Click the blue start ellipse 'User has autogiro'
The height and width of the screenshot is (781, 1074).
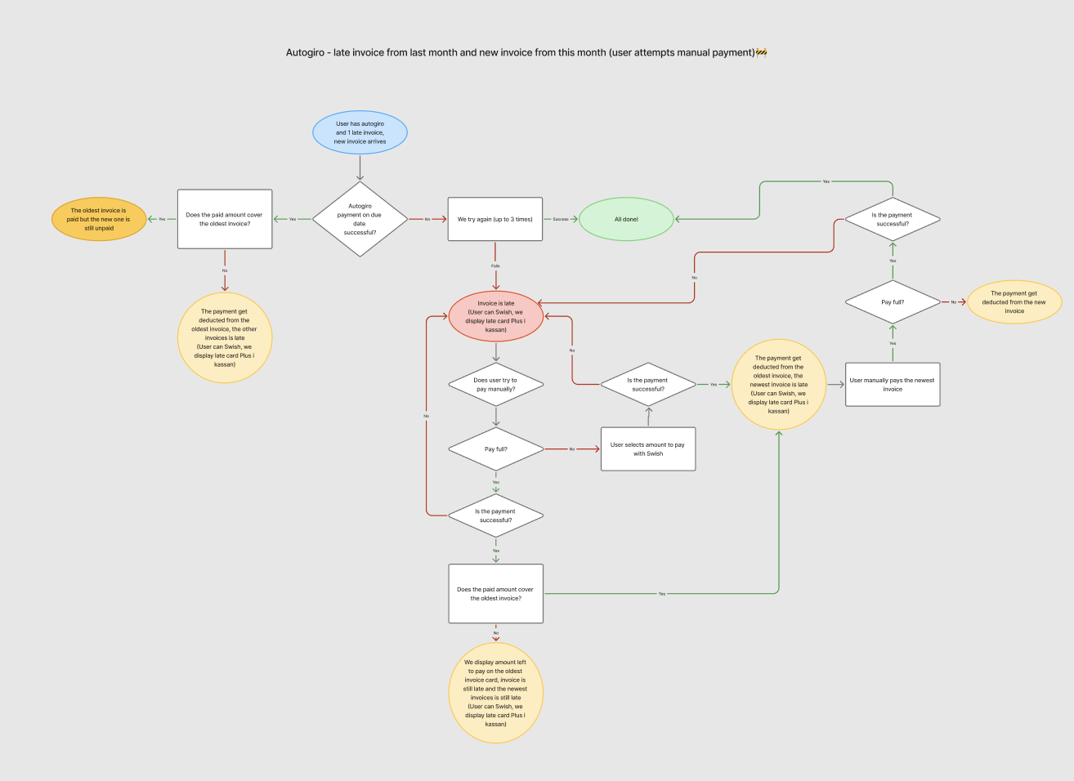pyautogui.click(x=360, y=132)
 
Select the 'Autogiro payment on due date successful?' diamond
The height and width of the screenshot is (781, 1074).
pyautogui.click(x=360, y=219)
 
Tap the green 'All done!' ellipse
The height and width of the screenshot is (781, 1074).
pyautogui.click(x=626, y=219)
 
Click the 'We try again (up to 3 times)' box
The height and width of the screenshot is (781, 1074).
pyautogui.click(x=494, y=219)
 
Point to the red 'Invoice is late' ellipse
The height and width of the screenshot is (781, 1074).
pyautogui.click(x=495, y=316)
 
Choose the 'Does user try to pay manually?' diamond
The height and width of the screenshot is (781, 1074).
pyautogui.click(x=495, y=385)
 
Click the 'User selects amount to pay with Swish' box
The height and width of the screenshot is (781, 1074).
pyautogui.click(x=647, y=449)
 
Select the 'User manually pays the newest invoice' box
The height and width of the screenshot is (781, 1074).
pyautogui.click(x=893, y=384)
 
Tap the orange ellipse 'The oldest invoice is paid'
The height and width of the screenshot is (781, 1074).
pyautogui.click(x=99, y=219)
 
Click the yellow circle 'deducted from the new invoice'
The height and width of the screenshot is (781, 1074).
pyautogui.click(x=1014, y=302)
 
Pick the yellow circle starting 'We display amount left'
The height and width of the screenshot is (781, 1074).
pyautogui.click(x=495, y=694)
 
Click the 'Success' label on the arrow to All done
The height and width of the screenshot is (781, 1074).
pyautogui.click(x=561, y=219)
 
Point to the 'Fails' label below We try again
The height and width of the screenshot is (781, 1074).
pyautogui.click(x=495, y=266)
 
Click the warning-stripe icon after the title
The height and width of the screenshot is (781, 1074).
pyautogui.click(x=761, y=52)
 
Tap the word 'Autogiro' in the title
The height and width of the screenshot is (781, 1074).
pyautogui.click(x=305, y=52)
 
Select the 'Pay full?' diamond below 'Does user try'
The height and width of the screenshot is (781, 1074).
pyautogui.click(x=495, y=449)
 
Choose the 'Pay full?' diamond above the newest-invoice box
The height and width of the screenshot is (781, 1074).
pyautogui.click(x=893, y=302)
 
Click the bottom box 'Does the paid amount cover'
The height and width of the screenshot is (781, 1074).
pyautogui.click(x=495, y=594)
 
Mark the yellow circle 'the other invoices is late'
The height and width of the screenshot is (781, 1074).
pyautogui.click(x=225, y=337)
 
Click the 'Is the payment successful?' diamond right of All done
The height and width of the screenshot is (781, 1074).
pyautogui.click(x=893, y=219)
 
